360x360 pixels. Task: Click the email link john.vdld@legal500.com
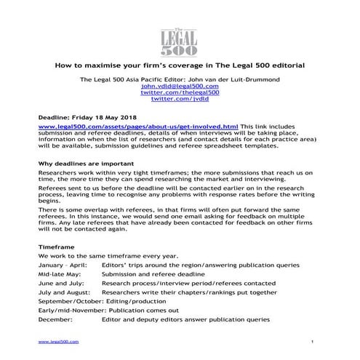180,85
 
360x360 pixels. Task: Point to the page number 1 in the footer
311,342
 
